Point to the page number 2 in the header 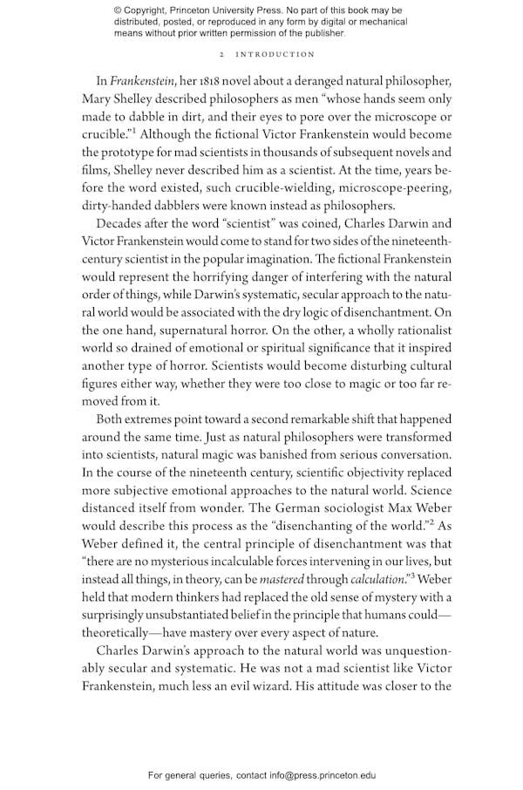(224, 54)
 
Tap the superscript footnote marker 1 (136, 131)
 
